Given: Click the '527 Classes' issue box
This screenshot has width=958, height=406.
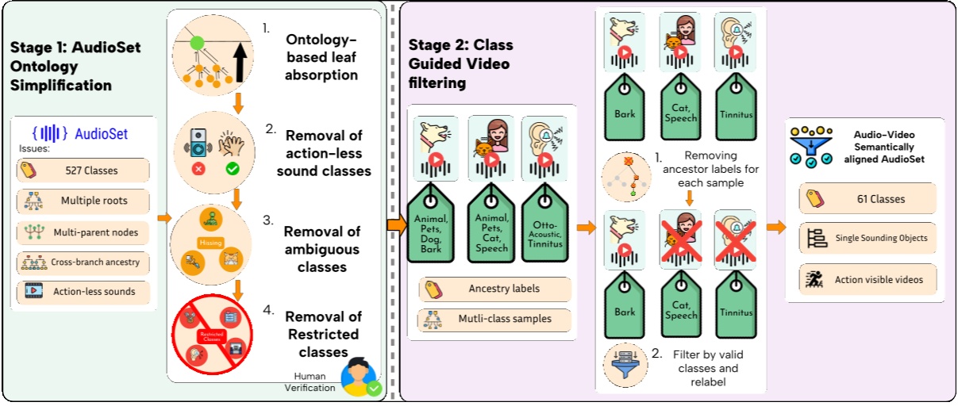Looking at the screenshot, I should pos(83,170).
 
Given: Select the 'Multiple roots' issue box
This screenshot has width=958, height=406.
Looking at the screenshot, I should pos(83,201).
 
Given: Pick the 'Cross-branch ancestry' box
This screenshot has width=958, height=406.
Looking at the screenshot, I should pos(83,261).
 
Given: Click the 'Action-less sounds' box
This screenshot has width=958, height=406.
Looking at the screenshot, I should pos(83,291).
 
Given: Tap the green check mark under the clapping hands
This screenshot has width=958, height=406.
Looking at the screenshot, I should pos(232,169).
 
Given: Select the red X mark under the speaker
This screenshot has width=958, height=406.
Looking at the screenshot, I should pos(198,169).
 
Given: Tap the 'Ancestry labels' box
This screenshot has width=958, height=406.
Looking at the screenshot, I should pos(494,289).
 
